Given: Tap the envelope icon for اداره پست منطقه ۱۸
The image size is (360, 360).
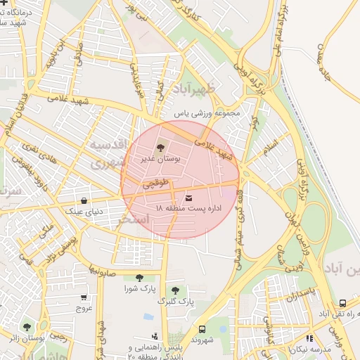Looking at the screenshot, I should pos(188,198).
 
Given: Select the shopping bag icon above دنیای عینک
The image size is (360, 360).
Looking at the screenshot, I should pos(84,200).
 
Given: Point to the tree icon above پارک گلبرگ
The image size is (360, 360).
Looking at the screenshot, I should pos(175,290).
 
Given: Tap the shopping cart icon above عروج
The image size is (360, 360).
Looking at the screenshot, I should pos(84,297).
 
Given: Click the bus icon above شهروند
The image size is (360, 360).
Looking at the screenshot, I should pos(202,328).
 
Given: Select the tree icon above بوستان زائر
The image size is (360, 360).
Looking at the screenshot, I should pos(27,326).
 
